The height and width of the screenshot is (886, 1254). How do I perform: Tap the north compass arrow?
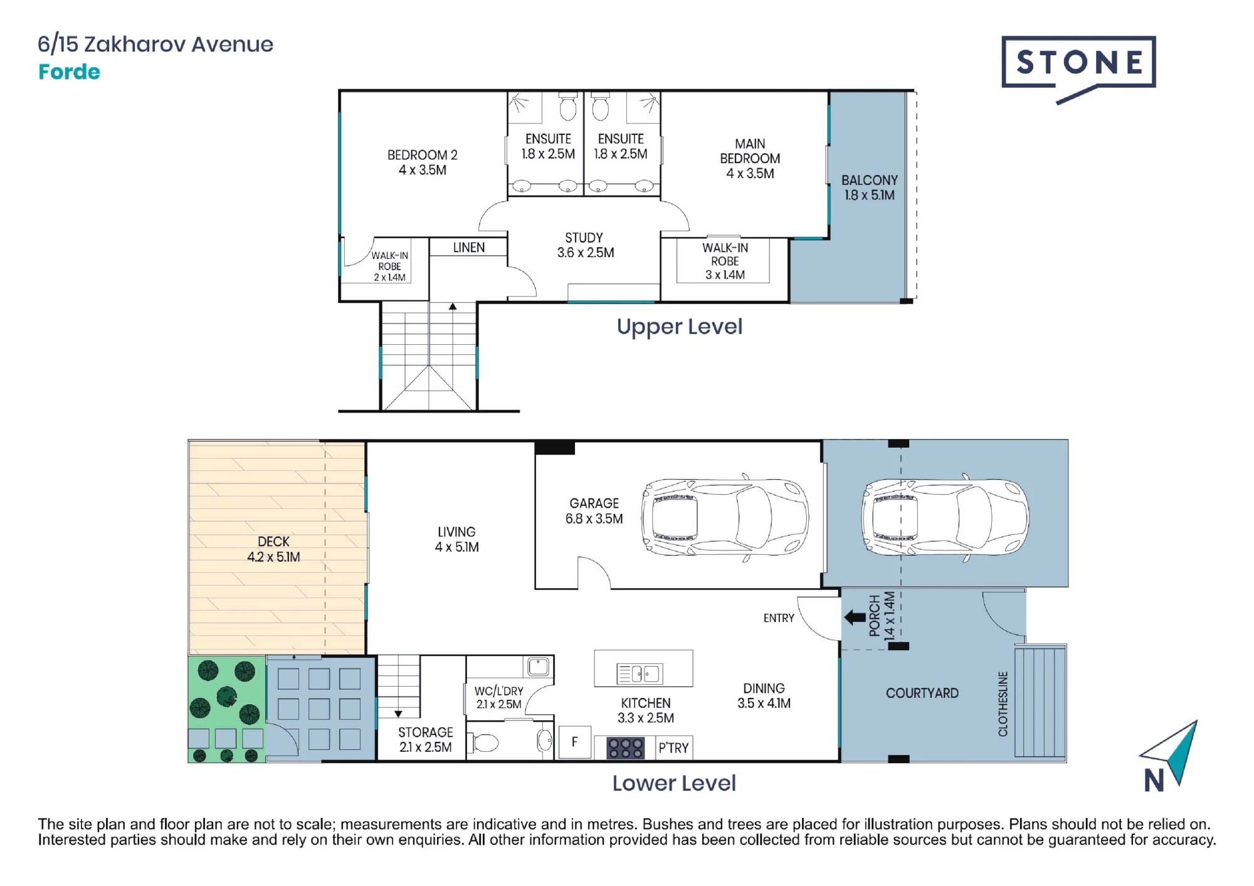pos(1172,752)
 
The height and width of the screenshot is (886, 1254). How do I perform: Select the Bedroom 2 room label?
pos(423,162)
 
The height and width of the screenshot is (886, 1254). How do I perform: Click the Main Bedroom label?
pos(750,159)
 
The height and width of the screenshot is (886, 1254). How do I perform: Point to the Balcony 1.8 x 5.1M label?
pos(870,187)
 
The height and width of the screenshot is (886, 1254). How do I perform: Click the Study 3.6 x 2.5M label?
pos(586,245)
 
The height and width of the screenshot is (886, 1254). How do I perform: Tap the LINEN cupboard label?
pos(469,248)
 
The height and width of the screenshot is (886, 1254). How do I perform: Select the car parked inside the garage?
pos(725,517)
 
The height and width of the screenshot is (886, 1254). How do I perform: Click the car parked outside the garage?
pos(945,517)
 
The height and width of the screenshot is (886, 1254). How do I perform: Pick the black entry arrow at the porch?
pos(855,618)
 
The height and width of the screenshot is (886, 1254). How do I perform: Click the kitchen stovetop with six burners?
pos(625,748)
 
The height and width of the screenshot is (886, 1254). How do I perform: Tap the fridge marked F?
pos(575,742)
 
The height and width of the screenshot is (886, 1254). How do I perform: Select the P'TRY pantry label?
pos(673,748)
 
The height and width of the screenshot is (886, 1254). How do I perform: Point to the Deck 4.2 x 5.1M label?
pos(273,549)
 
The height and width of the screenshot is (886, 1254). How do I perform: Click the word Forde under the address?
pos(69,72)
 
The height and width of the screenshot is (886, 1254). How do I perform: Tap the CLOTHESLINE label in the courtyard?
pos(1003,704)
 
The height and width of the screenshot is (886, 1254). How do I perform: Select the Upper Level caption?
pos(680,327)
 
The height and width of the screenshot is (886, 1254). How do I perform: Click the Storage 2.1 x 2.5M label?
pos(425,740)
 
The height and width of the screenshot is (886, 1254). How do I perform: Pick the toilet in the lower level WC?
pos(485,743)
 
